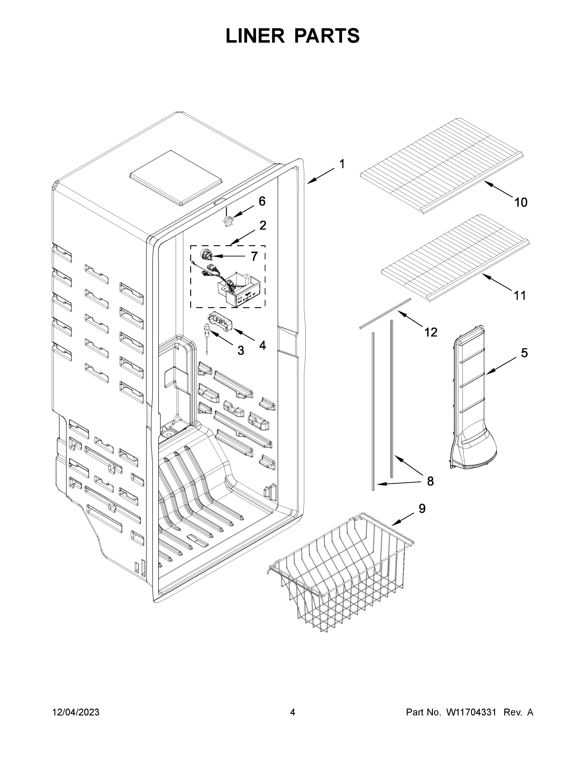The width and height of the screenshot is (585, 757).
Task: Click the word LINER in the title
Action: coord(255,36)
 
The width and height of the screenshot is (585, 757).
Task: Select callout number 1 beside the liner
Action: coord(342,164)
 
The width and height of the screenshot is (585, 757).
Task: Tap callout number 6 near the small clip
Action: coord(262,201)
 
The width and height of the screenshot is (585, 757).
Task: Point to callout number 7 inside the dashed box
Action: coord(254,256)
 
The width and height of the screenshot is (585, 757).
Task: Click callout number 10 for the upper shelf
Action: coord(521,202)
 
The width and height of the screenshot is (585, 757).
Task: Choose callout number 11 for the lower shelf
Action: coord(519,295)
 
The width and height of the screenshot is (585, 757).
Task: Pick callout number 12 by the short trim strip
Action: coord(431,332)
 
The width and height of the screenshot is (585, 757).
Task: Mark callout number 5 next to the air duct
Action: coord(524,353)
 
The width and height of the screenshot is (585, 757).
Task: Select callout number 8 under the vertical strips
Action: coord(430,481)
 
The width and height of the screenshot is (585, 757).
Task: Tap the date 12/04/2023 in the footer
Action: coord(76,712)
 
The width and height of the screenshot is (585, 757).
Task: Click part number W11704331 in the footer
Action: coord(471,712)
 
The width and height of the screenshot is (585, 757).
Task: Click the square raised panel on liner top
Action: coord(176,178)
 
